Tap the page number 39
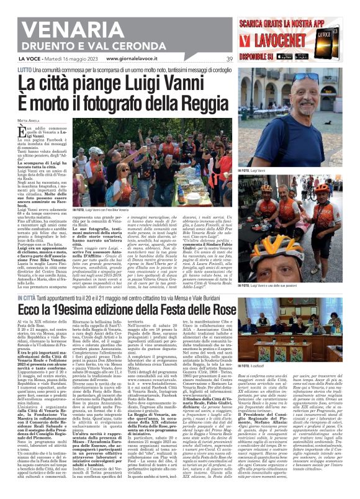click(229, 59)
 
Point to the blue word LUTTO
click(24, 69)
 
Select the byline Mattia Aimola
click(27, 120)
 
